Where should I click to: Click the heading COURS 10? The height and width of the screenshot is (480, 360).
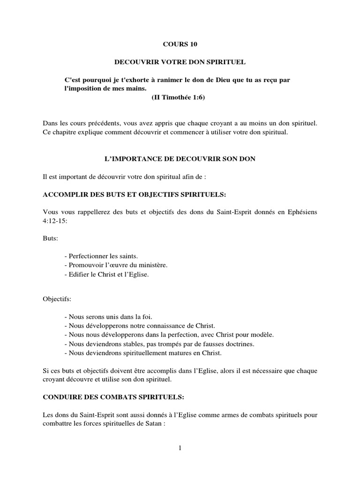(x=180, y=45)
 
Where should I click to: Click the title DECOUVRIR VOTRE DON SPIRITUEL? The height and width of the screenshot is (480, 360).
(x=180, y=62)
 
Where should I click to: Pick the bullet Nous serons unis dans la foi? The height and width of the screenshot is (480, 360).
(x=103, y=317)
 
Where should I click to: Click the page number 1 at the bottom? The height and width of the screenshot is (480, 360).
(x=180, y=448)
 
